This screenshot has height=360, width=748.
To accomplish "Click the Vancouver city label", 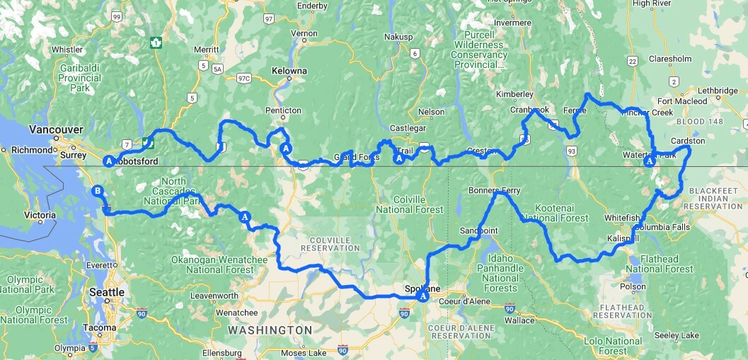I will (56, 129).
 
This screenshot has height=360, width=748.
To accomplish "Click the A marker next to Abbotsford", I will (109, 161).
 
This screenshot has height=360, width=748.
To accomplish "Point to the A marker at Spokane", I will (423, 297).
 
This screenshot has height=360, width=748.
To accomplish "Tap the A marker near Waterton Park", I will (649, 162).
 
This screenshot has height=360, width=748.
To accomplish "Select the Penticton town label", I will (283, 110).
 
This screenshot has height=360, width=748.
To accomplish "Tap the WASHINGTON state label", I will (270, 330).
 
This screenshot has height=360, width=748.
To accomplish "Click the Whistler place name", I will (67, 50).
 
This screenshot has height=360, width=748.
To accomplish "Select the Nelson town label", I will (432, 112).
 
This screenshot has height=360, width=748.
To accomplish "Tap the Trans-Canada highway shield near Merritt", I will (155, 43).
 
